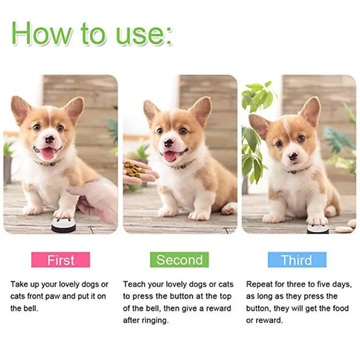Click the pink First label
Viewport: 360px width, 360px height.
pyautogui.click(x=61, y=259)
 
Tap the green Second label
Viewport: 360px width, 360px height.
pyautogui.click(x=179, y=259)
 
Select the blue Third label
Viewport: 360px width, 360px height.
pyautogui.click(x=297, y=259)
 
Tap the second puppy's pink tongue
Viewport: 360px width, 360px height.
pyautogui.click(x=171, y=156)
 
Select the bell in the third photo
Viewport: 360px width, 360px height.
pyautogui.click(x=318, y=229)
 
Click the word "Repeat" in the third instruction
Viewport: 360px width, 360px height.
pyautogui.click(x=260, y=284)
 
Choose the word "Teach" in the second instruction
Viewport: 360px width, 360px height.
pyautogui.click(x=135, y=284)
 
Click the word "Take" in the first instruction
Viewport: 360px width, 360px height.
pyautogui.click(x=20, y=284)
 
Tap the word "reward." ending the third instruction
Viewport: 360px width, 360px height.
pyautogui.click(x=273, y=320)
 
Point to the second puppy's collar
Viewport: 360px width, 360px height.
pyautogui.click(x=179, y=163)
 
